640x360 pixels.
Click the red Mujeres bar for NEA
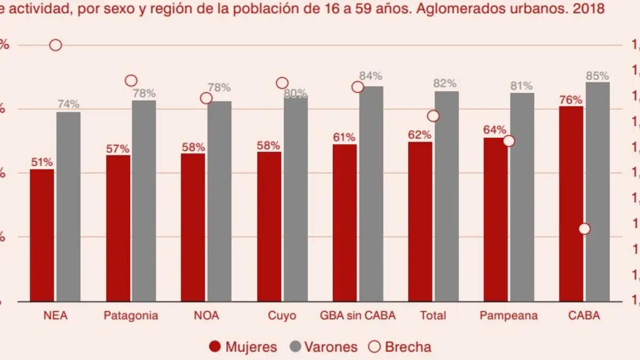pyautogui.click(x=42, y=235)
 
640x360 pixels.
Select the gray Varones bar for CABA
pyautogui.click(x=597, y=192)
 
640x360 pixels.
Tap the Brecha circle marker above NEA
pyautogui.click(x=55, y=45)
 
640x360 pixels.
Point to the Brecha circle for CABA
pyautogui.click(x=585, y=229)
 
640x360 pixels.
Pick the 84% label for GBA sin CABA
pyautogui.click(x=371, y=76)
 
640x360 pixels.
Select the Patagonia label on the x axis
pyautogui.click(x=131, y=315)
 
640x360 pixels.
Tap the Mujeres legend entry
pyautogui.click(x=243, y=347)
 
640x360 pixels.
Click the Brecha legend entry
pyautogui.click(x=400, y=347)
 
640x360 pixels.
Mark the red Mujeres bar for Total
pyautogui.click(x=420, y=221)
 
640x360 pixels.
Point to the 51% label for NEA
pyautogui.click(x=42, y=163)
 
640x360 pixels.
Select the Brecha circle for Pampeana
pyautogui.click(x=509, y=141)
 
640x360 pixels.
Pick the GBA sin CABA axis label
pyautogui.click(x=358, y=315)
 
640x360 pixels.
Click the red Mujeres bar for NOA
pyautogui.click(x=193, y=227)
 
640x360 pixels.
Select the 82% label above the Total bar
pyautogui.click(x=445, y=83)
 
